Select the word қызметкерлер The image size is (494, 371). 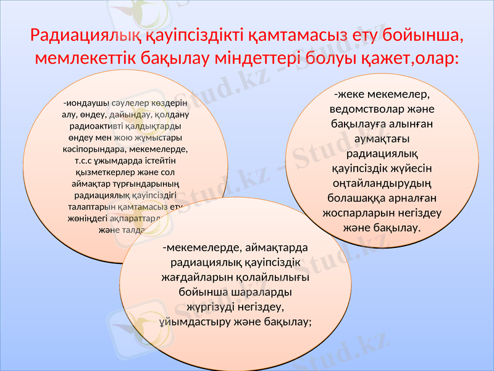coord(92,173)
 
